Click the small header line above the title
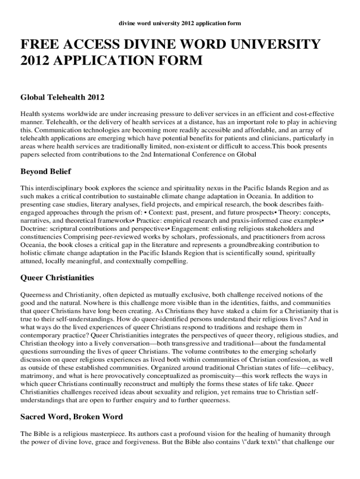point(180,23)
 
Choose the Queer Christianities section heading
point(57,278)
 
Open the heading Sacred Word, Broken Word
point(72,417)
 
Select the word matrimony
point(37,376)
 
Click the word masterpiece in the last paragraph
point(94,434)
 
